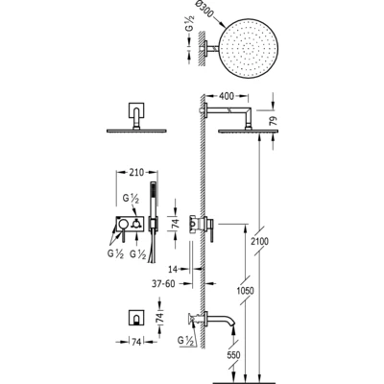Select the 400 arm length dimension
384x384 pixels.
pyautogui.click(x=226, y=96)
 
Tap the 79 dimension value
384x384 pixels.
pyautogui.click(x=274, y=122)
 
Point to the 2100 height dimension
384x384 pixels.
pyautogui.click(x=260, y=241)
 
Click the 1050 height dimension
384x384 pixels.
pyautogui.click(x=246, y=291)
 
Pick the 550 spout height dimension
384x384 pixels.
pyautogui.click(x=234, y=354)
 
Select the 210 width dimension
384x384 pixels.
pyautogui.click(x=136, y=173)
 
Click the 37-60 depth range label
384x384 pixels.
pyautogui.click(x=163, y=283)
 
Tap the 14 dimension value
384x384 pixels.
pyautogui.click(x=173, y=270)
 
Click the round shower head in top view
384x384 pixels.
pyautogui.click(x=249, y=49)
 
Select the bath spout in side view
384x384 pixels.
pyautogui.click(x=222, y=320)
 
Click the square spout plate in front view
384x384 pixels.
pyautogui.click(x=136, y=318)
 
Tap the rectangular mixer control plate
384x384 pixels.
pyautogui.click(x=132, y=224)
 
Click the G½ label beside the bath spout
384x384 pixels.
pyautogui.click(x=186, y=342)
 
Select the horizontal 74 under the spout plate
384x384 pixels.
pyautogui.click(x=136, y=342)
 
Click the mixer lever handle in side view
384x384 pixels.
pyautogui.click(x=212, y=230)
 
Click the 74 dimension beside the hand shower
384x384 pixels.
pyautogui.click(x=176, y=223)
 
